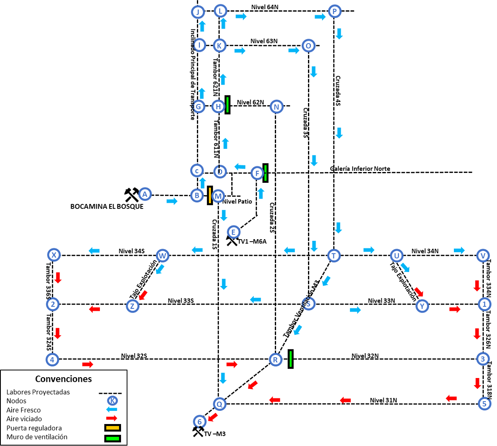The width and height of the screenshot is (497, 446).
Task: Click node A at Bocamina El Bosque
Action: (144, 194)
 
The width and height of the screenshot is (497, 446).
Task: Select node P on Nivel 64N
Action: (334, 11)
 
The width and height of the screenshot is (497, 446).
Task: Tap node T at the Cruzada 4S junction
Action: (334, 256)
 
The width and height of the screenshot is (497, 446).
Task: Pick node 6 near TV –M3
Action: (199, 422)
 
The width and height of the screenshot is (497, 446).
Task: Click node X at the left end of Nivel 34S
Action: (53, 255)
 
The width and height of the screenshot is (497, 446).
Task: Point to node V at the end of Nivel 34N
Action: (482, 256)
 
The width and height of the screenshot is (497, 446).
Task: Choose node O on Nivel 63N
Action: (308, 46)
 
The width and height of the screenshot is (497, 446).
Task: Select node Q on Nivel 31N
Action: (219, 404)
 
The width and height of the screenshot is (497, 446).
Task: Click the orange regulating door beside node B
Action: (210, 195)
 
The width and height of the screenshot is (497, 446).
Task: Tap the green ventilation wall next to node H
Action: (228, 105)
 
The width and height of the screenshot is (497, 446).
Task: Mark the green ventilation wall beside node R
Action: (291, 359)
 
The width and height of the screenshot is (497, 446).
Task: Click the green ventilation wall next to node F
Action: (265, 173)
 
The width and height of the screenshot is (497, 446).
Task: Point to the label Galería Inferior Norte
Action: (360, 169)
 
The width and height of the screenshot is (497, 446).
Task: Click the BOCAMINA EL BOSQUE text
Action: (107, 206)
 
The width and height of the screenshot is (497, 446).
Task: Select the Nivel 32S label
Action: (134, 356)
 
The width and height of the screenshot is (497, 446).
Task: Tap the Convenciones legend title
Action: (63, 379)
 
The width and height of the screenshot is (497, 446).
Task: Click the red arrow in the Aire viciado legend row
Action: (112, 419)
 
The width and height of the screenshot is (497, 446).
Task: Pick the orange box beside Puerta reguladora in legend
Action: (112, 428)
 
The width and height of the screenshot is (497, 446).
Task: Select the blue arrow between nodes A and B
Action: (172, 201)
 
